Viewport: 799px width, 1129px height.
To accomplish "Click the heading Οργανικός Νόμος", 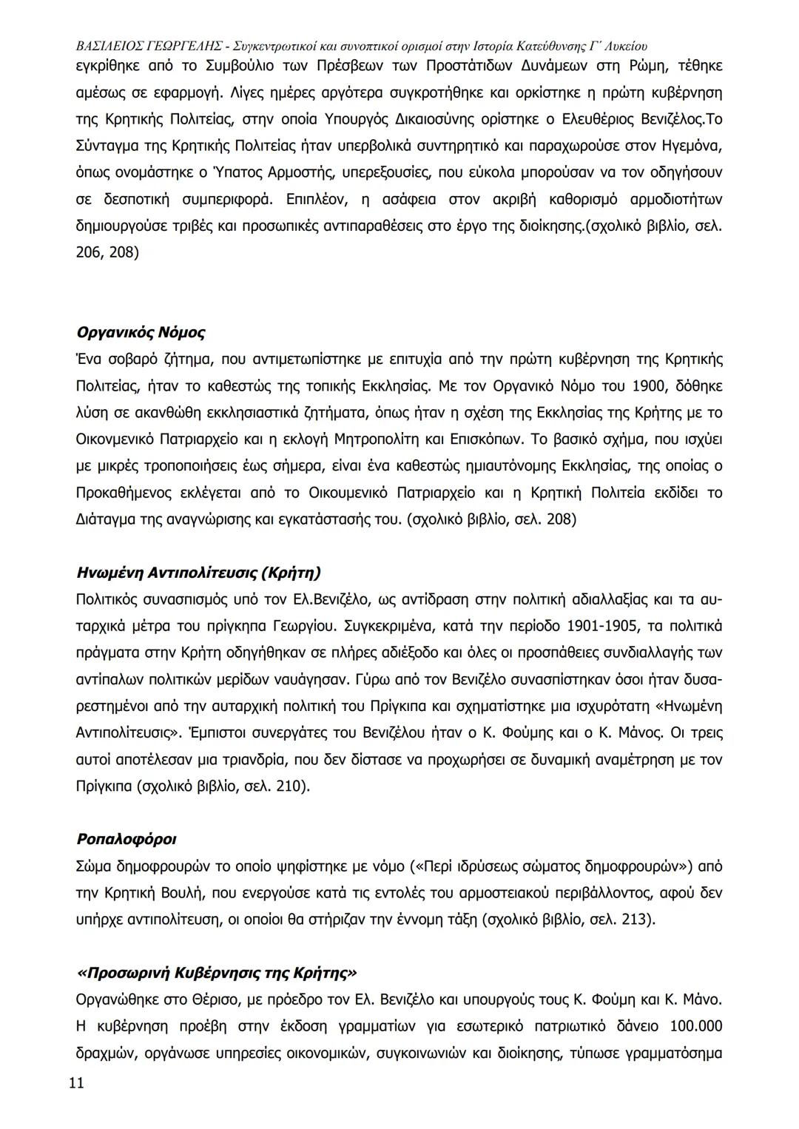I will coord(141,332).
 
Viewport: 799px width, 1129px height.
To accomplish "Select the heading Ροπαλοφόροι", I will coord(127,839).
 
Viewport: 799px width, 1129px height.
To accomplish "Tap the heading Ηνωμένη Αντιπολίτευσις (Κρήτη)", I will coord(199,573).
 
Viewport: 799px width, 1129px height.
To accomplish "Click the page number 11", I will coord(76,1083).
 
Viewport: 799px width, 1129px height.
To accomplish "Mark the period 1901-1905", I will coord(602,627).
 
